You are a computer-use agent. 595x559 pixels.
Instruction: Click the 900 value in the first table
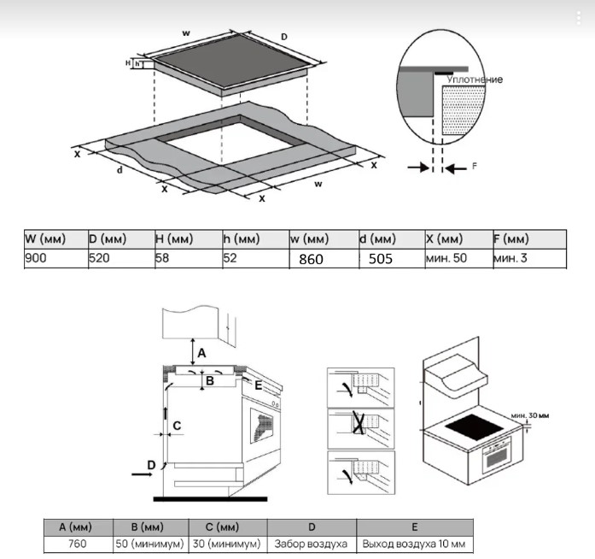36,257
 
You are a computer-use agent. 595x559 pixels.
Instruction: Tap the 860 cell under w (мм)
311,258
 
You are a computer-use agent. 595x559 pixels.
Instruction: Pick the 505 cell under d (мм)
381,258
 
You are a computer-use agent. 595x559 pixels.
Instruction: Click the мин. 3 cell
510,257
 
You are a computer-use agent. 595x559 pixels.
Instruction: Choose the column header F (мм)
511,238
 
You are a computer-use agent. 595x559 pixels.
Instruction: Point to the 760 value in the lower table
78,543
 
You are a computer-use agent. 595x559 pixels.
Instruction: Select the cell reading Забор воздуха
311,543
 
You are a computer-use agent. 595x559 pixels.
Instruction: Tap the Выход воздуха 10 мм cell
413,543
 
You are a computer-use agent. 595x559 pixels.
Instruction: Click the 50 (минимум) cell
146,543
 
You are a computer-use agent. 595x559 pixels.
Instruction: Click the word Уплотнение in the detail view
475,79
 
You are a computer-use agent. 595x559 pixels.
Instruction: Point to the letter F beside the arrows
475,168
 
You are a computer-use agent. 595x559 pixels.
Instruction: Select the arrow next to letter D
138,469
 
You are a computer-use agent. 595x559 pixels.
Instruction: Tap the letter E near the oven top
258,385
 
